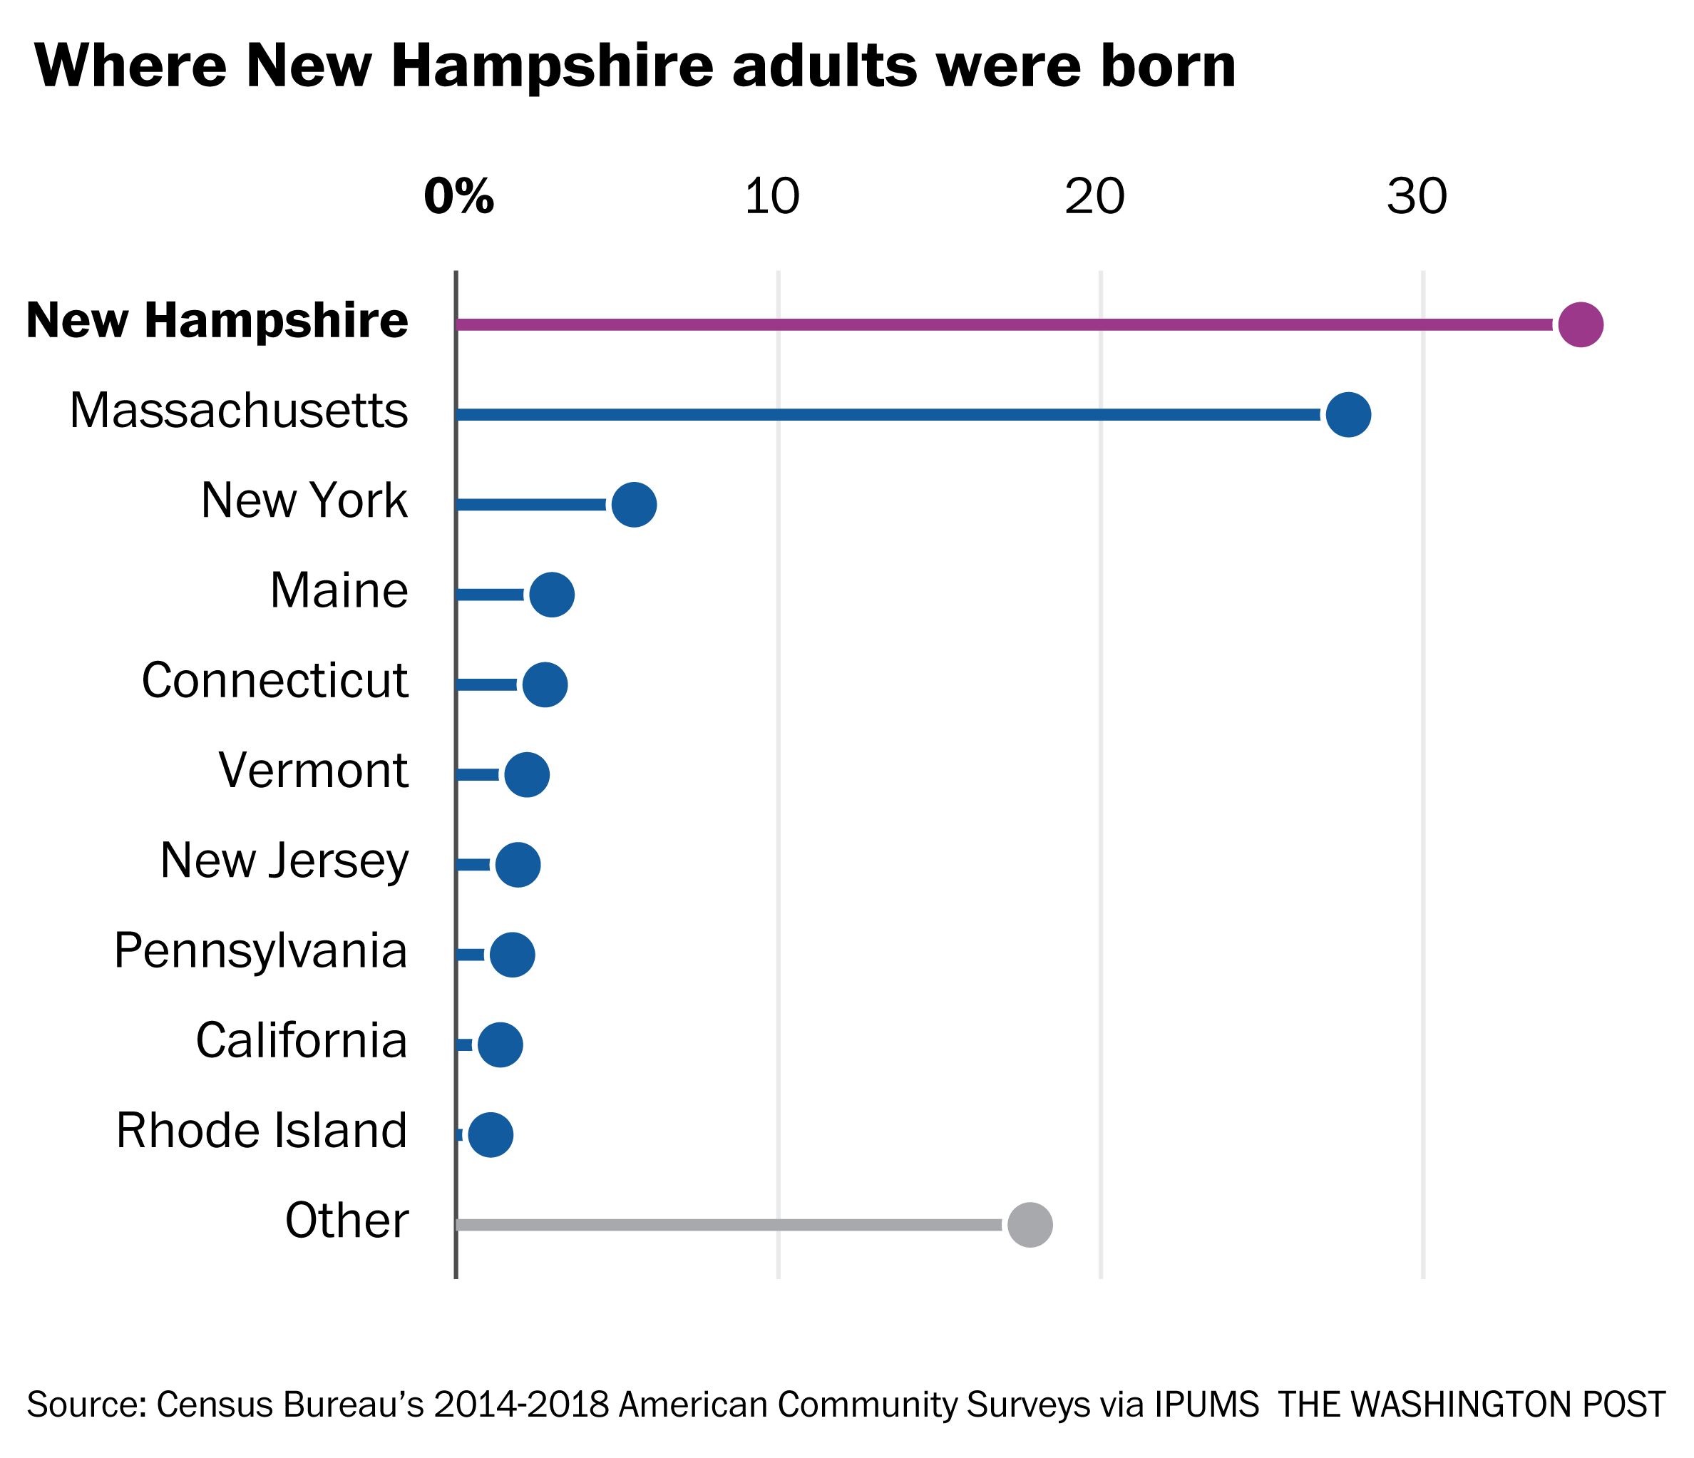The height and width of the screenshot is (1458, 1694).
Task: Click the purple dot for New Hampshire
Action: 1581,324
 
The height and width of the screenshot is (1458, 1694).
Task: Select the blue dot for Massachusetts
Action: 1348,415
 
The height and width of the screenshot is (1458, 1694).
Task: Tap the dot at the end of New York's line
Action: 634,505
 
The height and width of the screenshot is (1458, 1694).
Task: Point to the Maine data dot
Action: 552,595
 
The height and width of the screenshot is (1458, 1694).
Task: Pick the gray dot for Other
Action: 1030,1224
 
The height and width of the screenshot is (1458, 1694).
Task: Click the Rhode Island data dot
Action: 491,1134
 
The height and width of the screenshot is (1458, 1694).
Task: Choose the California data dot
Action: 500,1044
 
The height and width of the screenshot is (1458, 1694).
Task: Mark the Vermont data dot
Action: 526,774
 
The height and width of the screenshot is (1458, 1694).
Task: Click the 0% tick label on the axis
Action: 458,197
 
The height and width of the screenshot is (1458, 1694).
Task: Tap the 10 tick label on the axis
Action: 772,197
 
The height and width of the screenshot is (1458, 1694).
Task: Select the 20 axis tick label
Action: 1094,197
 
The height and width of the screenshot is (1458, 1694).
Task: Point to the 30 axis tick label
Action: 1417,197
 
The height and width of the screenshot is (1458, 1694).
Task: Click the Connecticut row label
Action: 274,680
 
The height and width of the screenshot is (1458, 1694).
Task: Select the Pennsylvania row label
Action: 261,951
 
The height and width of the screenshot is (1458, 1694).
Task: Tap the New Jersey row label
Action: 284,861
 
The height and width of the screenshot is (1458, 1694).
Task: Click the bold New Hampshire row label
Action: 217,321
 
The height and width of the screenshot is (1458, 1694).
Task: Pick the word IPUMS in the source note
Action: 1207,1404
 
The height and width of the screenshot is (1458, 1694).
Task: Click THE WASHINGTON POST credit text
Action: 1472,1404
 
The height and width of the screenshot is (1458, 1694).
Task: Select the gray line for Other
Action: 728,1224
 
